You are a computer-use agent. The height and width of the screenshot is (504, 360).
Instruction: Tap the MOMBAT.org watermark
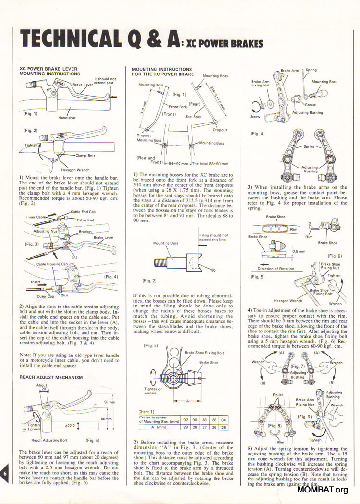click(322, 490)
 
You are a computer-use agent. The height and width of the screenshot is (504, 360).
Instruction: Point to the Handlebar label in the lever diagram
click(68, 117)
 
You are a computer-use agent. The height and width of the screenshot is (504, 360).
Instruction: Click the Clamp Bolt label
click(84, 156)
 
